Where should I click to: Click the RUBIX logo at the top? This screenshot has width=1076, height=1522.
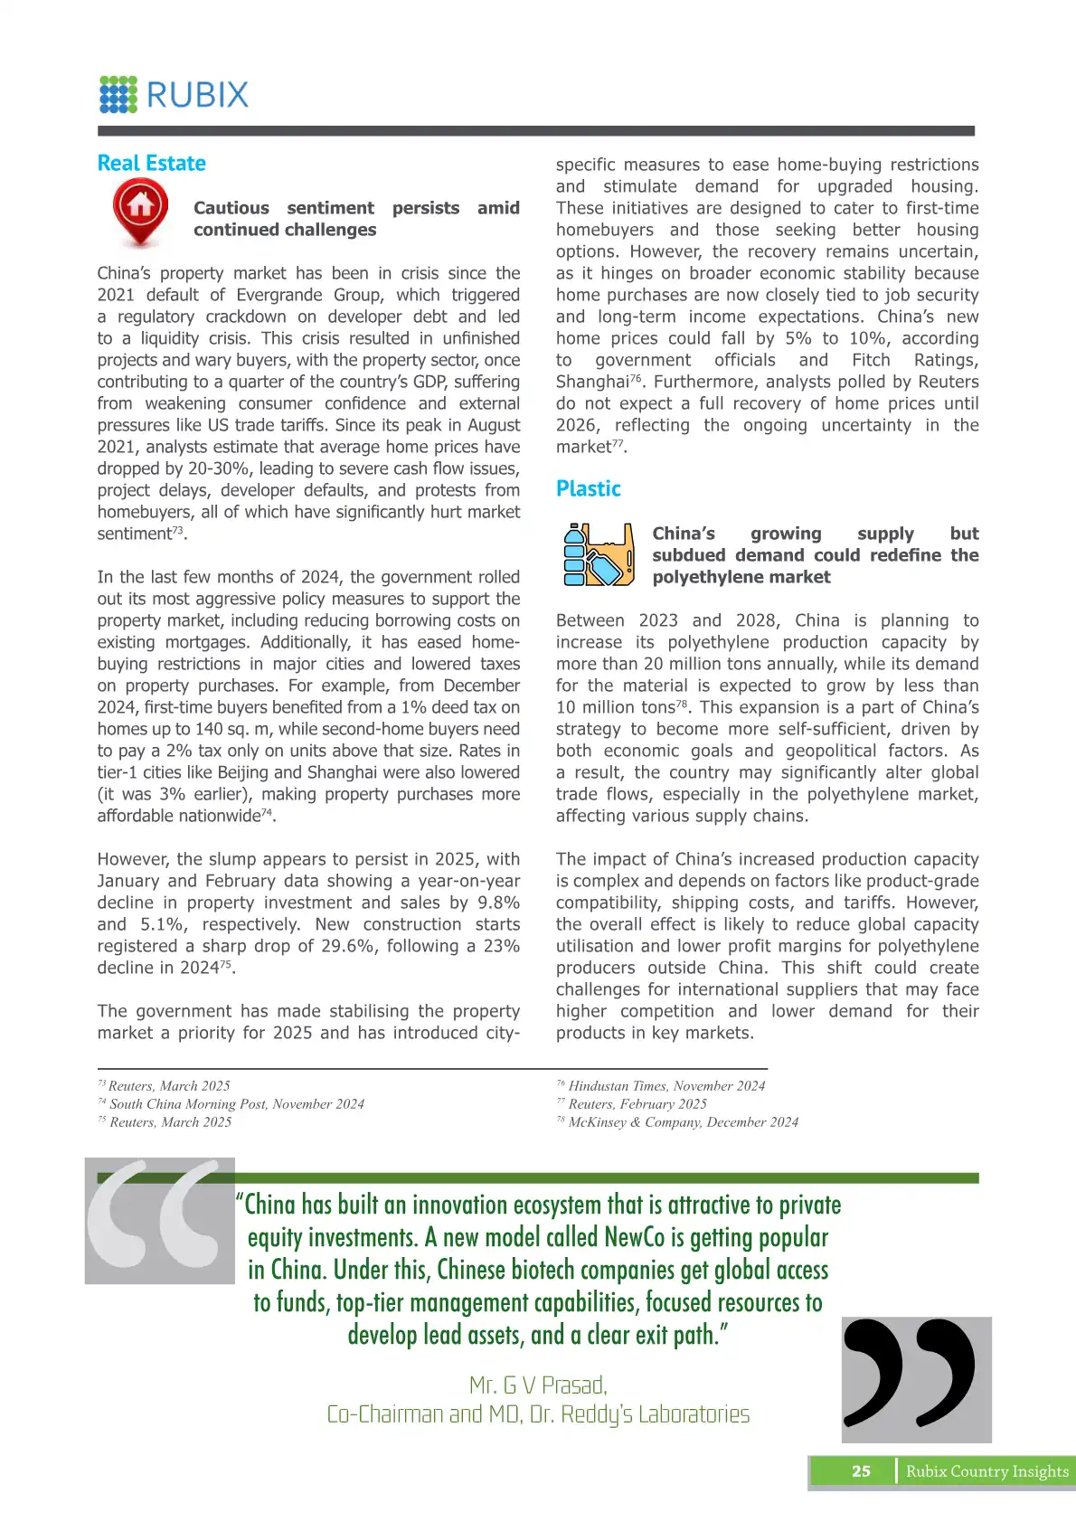click(x=174, y=94)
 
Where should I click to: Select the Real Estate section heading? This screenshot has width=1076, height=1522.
click(x=151, y=164)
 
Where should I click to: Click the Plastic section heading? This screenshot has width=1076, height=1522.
click(x=588, y=489)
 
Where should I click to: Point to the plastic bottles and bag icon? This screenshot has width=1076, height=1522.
click(x=597, y=554)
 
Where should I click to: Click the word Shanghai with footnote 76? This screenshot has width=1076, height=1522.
click(x=591, y=383)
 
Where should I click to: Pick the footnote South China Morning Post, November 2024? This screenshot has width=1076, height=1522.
click(x=236, y=1104)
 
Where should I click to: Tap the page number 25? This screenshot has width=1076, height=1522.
click(x=861, y=1471)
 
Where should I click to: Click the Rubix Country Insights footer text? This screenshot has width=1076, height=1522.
click(x=986, y=1471)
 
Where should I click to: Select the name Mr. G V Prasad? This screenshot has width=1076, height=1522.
click(x=538, y=1385)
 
